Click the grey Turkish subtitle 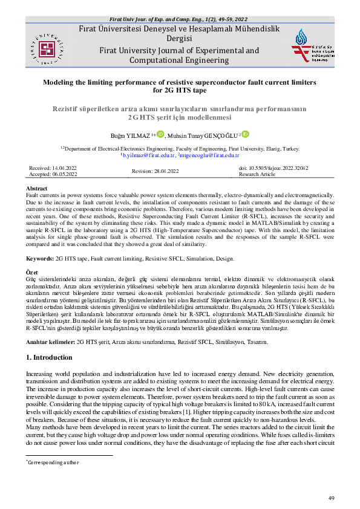[180, 112]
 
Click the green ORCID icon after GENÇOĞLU [246, 134]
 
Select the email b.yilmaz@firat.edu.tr [132, 155]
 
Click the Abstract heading [38, 189]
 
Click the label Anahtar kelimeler [51, 342]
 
